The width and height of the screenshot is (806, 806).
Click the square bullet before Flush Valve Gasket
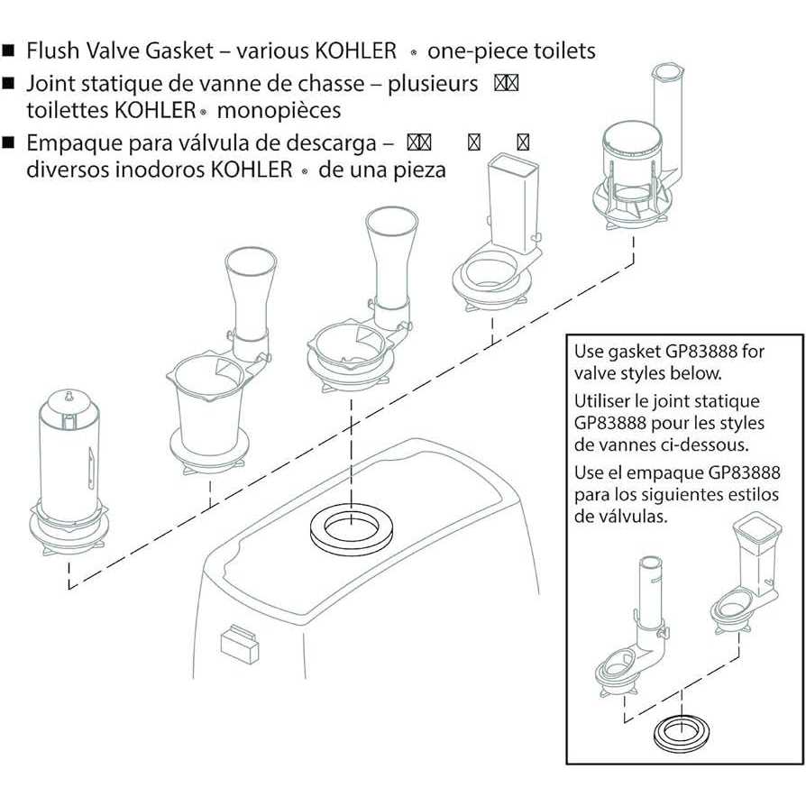(9, 50)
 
